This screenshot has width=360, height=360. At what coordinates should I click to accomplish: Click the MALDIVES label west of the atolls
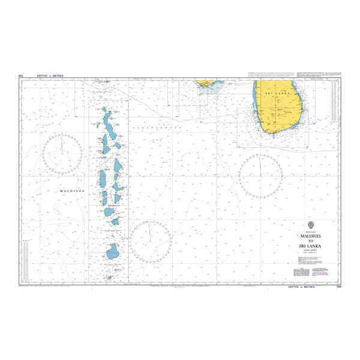coord(72,190)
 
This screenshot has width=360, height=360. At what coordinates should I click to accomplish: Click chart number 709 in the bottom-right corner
coord(338,287)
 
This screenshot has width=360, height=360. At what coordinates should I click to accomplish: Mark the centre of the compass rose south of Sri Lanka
coord(260,176)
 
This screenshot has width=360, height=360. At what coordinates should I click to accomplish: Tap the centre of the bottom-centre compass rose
coord(151,241)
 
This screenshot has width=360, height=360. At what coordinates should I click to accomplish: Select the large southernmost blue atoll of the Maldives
coord(112,251)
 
